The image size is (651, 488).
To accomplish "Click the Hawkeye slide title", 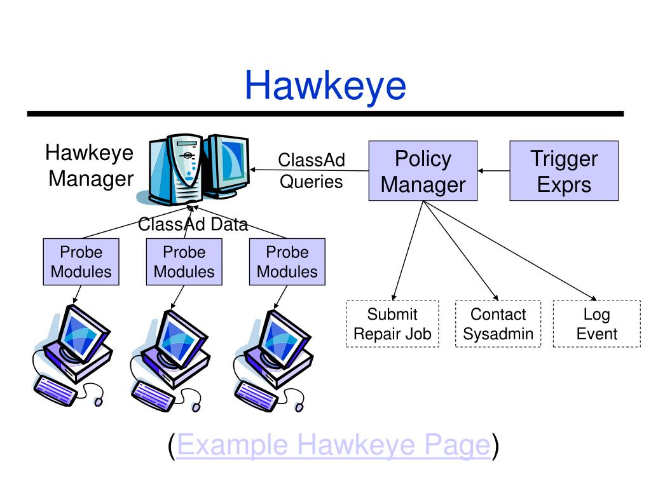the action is pyautogui.click(x=325, y=86).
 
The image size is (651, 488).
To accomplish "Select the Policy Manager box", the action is pyautogui.click(x=423, y=171).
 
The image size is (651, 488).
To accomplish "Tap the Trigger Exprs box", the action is pyautogui.click(x=564, y=171).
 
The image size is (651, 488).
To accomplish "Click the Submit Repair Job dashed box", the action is pyautogui.click(x=392, y=323).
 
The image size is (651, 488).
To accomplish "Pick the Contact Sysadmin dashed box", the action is pyautogui.click(x=498, y=323).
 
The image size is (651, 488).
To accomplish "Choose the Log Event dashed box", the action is pyautogui.click(x=596, y=323).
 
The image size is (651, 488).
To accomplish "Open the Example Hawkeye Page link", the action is pyautogui.click(x=334, y=445).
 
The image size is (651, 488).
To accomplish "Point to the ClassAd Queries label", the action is pyautogui.click(x=312, y=170).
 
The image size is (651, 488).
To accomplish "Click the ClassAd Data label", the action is pyautogui.click(x=193, y=224).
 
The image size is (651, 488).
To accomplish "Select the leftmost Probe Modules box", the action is pyautogui.click(x=81, y=262).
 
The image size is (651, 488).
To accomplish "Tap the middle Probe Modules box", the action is pyautogui.click(x=184, y=262).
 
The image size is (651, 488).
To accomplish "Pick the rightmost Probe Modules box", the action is pyautogui.click(x=287, y=262).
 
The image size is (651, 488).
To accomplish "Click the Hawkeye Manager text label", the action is pyautogui.click(x=90, y=166).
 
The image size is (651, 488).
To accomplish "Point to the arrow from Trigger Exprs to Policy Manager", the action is pyautogui.click(x=493, y=170).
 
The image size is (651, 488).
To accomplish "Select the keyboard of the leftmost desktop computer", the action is pyautogui.click(x=55, y=391).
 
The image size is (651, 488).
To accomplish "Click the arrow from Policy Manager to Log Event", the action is pyautogui.click(x=510, y=250).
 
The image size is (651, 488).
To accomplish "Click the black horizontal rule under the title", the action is pyautogui.click(x=325, y=114).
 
